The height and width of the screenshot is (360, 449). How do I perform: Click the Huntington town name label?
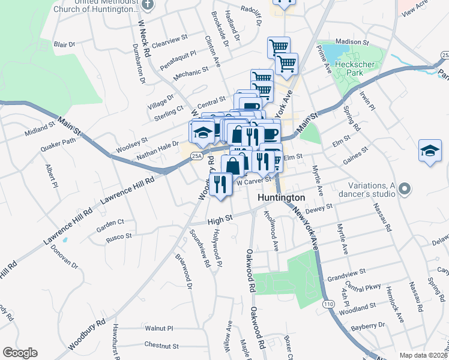click(282, 197)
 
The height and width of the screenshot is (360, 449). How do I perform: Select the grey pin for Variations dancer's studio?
click(405, 190)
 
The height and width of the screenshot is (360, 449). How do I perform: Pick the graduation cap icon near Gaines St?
click(430, 152)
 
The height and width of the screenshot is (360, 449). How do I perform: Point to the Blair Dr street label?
click(64, 44)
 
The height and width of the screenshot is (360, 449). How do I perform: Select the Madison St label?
click(351, 42)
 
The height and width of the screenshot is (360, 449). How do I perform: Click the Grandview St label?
click(347, 279)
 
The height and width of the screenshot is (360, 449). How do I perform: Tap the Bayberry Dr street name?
click(368, 326)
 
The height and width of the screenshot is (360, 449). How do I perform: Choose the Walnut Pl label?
click(158, 329)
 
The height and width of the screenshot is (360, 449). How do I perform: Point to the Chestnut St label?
click(161, 346)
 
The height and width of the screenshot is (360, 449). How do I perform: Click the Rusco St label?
click(119, 236)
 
